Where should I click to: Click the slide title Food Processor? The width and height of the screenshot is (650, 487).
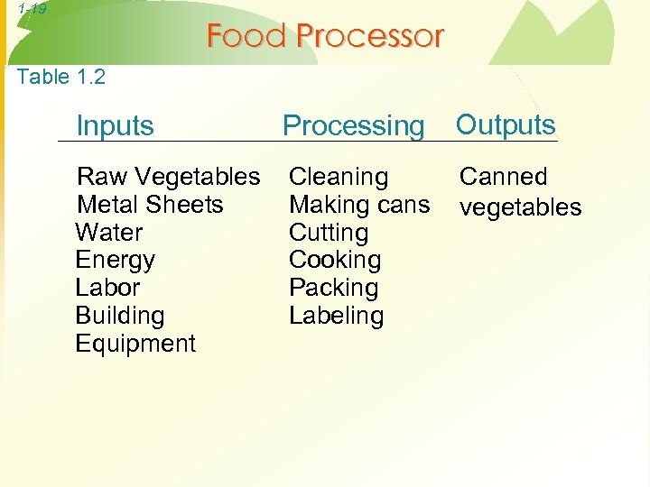(x=325, y=36)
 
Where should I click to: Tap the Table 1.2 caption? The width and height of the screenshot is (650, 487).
(x=61, y=77)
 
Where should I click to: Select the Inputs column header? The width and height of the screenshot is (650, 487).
(x=116, y=125)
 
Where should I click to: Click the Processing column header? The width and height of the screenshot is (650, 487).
(x=353, y=126)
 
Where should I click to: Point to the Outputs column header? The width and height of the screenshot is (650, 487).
(x=506, y=124)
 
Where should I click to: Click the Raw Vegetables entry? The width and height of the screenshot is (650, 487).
(x=169, y=177)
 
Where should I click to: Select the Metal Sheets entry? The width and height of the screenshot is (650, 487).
(x=150, y=205)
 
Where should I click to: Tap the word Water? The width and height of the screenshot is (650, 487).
(x=109, y=233)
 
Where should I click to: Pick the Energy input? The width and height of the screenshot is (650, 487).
(x=116, y=261)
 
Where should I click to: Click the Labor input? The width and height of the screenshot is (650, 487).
(x=107, y=289)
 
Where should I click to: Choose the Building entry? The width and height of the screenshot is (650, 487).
(x=120, y=317)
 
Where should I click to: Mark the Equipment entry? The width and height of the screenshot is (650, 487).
(x=135, y=344)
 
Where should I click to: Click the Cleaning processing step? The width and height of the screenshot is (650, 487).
(x=339, y=177)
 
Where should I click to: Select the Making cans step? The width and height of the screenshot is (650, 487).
(x=359, y=205)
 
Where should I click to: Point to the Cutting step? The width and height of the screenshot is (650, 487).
(x=329, y=233)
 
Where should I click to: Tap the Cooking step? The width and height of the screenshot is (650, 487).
(x=335, y=261)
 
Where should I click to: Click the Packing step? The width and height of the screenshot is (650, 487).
(x=333, y=289)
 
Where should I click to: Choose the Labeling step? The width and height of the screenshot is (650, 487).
(x=336, y=317)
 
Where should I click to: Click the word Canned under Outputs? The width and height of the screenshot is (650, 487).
(x=504, y=177)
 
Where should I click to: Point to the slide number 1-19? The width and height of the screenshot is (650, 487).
(x=31, y=9)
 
